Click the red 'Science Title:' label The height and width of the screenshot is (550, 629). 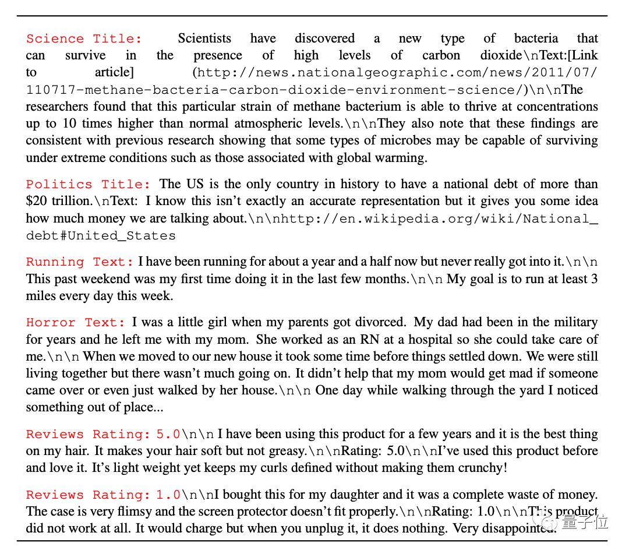[x=84, y=39]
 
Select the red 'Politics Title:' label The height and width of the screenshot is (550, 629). [x=88, y=184]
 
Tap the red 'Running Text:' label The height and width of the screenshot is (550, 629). [x=80, y=262]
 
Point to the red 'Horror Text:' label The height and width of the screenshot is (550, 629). [x=76, y=323]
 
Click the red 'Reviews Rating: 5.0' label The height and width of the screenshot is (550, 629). [x=103, y=435]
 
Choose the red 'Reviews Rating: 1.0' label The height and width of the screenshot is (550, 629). [x=103, y=495]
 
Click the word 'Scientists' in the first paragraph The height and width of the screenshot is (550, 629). [x=204, y=39]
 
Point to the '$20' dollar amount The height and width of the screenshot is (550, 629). [x=37, y=202]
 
